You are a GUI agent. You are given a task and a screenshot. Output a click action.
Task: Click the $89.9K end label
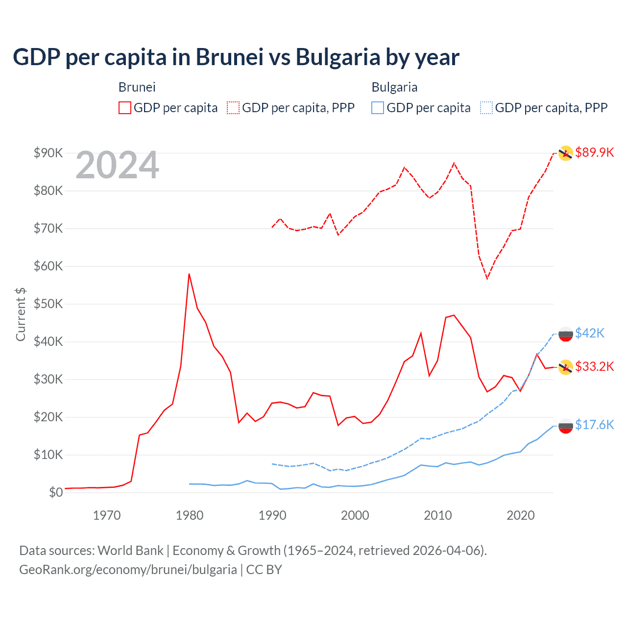pos(594,152)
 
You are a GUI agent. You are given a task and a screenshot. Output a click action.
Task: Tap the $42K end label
pos(589,333)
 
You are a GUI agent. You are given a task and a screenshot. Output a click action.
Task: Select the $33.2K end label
pos(594,366)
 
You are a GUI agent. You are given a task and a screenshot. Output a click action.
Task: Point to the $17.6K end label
pos(594,425)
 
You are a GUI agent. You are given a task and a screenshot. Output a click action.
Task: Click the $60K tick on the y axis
pos(48,266)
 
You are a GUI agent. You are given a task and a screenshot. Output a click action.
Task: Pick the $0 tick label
pos(55,492)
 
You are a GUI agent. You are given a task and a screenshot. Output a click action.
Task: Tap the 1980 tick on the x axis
pos(190,515)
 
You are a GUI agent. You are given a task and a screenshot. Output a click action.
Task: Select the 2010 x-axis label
pos(437,515)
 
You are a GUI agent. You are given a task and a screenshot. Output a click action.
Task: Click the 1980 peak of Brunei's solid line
pos(189,274)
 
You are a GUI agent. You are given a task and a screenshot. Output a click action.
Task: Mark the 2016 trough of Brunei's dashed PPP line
pos(487,279)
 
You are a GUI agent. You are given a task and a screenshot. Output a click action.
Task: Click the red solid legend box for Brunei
pos(125,108)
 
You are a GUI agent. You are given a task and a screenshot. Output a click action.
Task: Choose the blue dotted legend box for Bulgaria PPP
pos(486,108)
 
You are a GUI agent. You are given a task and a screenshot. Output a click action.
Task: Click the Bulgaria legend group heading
pos(394,87)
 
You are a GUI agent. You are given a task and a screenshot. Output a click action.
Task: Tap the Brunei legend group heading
pos(137,87)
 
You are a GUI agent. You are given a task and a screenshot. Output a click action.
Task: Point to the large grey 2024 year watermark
pos(117,165)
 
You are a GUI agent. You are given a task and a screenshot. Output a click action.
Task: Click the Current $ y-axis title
pos(21,314)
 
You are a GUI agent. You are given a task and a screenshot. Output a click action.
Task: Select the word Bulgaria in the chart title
pos(338,57)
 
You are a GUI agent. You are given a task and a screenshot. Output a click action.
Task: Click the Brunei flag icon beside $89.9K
pos(566,153)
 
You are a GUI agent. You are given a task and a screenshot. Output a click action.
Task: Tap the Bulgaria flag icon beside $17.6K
pos(566,426)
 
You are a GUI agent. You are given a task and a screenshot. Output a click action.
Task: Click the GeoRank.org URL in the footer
pos(128,570)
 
